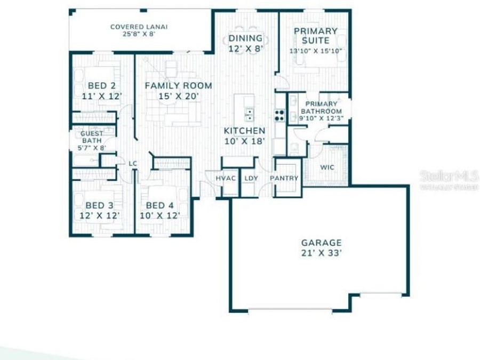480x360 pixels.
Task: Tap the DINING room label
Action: (245, 38)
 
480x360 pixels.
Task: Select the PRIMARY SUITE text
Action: (315, 36)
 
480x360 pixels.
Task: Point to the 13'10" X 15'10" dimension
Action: (316, 51)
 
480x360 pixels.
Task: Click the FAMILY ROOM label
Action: (178, 85)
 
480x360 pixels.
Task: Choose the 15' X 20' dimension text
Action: (178, 97)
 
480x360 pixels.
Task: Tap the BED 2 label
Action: (101, 85)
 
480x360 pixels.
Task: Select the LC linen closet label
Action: (133, 164)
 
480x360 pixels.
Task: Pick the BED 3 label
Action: (99, 205)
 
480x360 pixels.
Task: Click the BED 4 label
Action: (159, 205)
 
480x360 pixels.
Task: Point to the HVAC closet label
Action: (226, 179)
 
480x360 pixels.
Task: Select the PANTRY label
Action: (284, 179)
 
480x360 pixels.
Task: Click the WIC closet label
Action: (327, 167)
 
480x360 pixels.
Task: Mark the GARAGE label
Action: (321, 243)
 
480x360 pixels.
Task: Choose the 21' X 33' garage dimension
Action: (321, 254)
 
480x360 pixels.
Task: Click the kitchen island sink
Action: (249, 113)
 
